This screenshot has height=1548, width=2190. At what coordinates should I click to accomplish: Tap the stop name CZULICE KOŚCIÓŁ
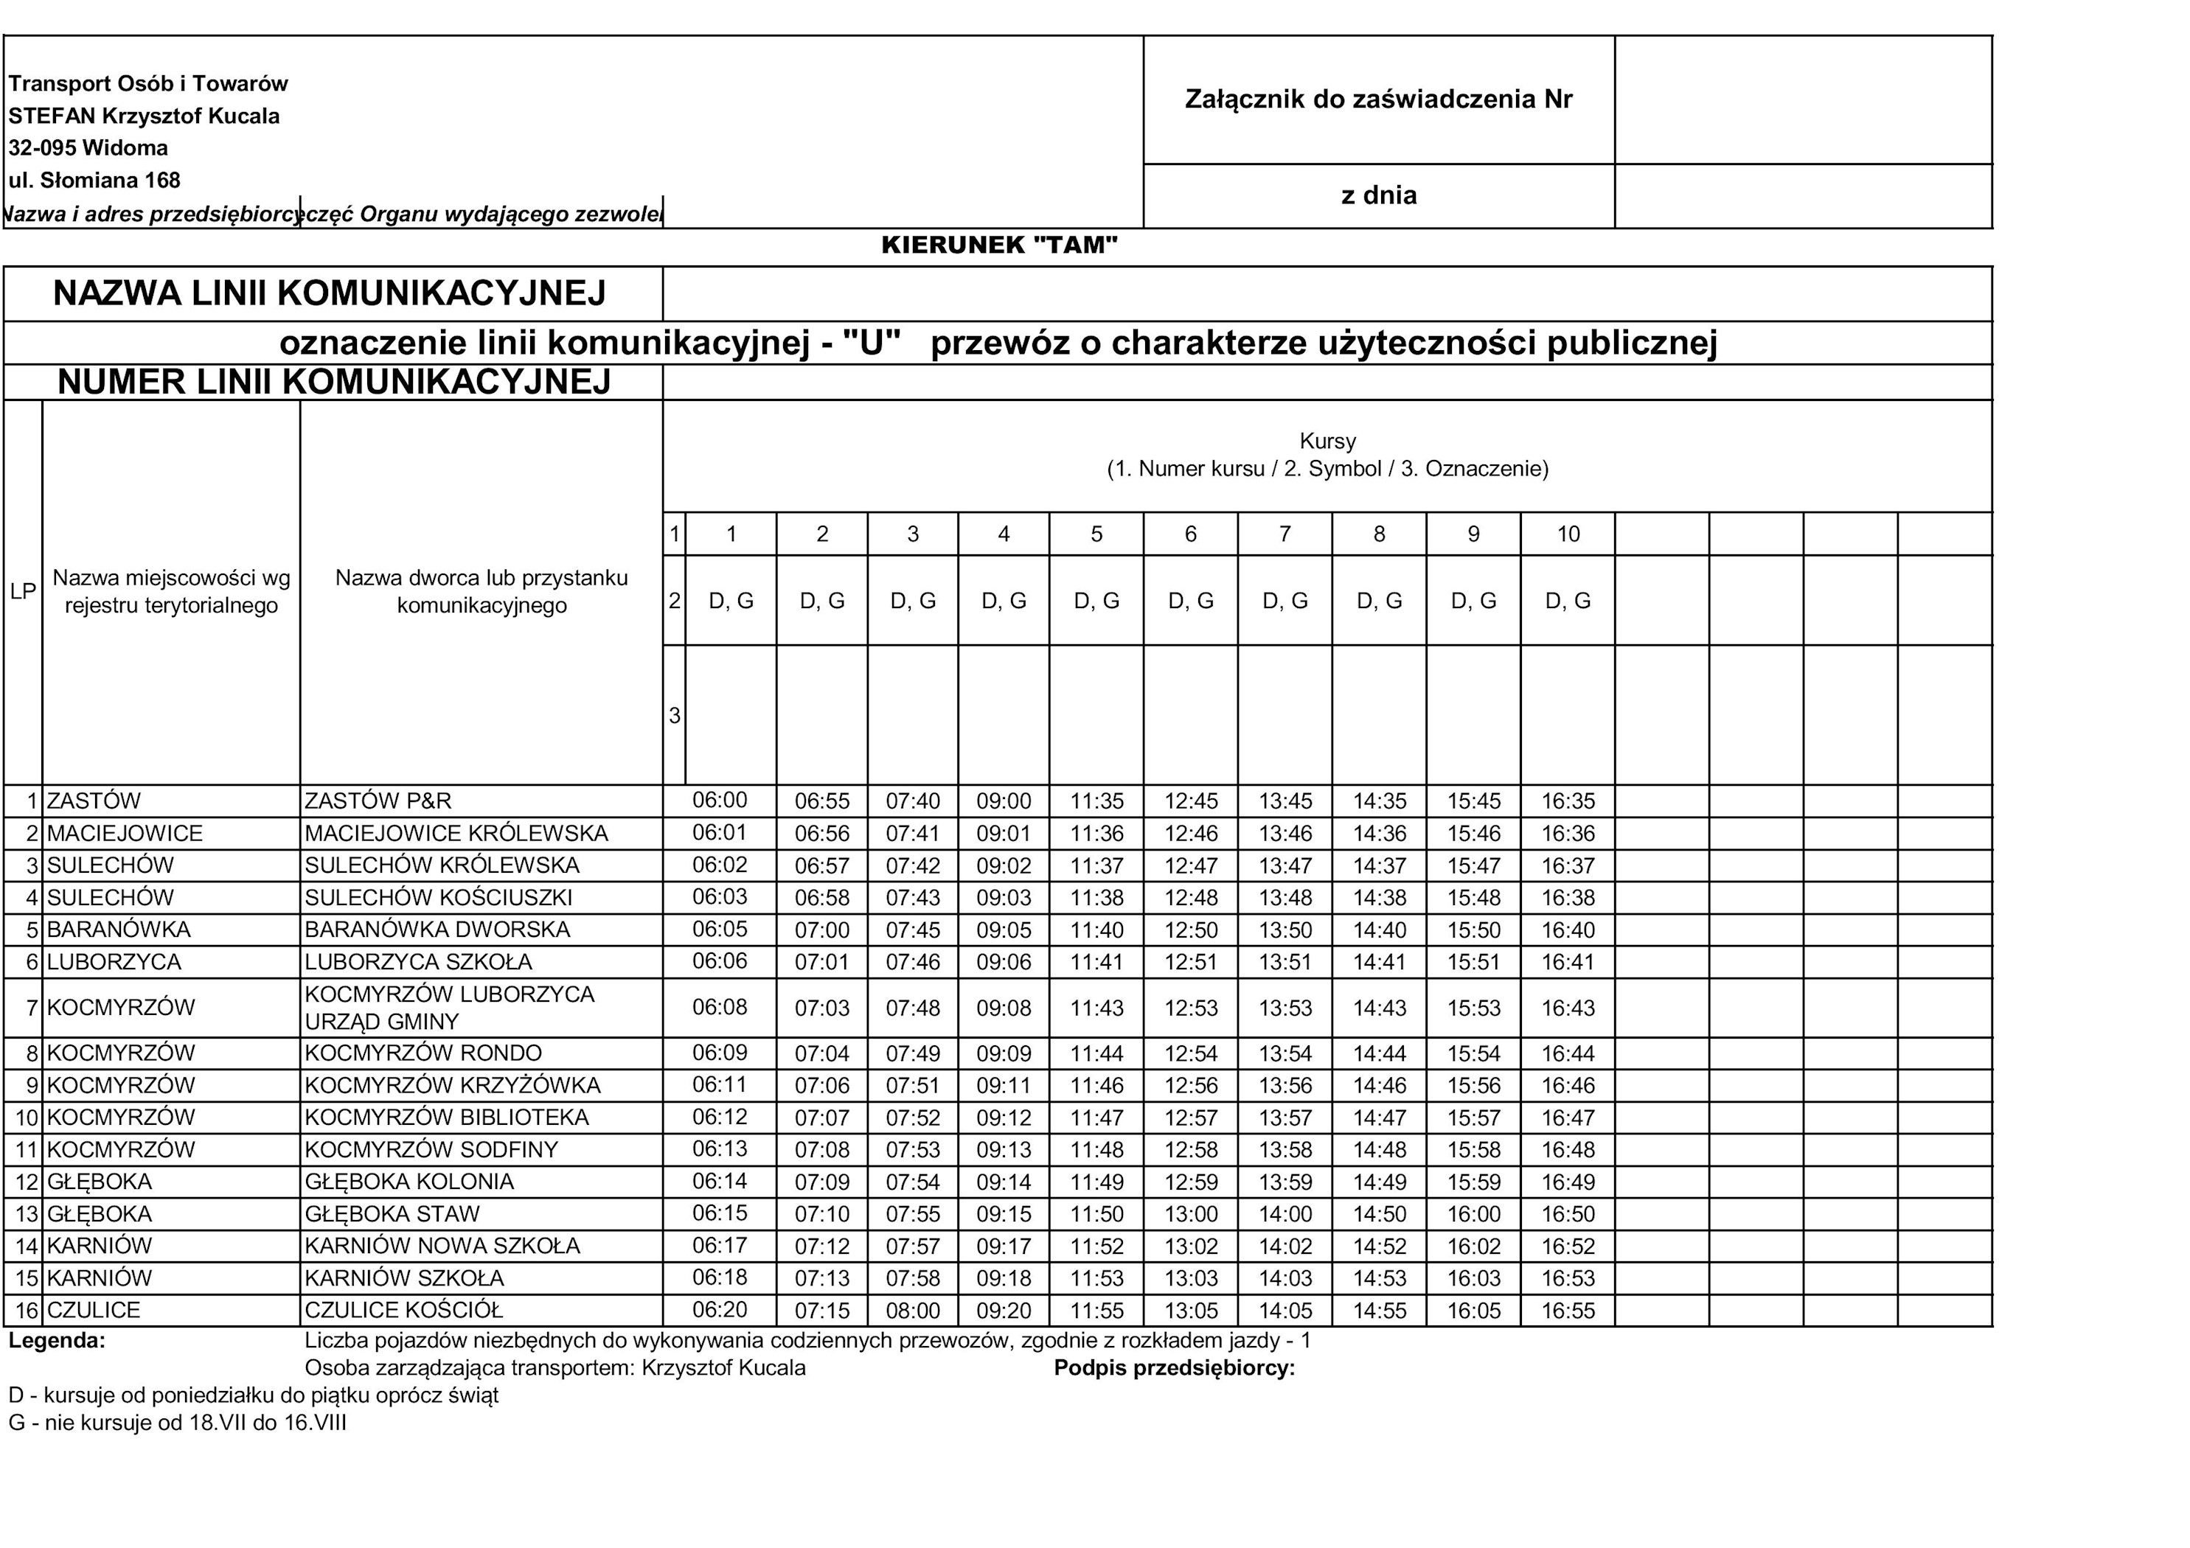[x=403, y=1310]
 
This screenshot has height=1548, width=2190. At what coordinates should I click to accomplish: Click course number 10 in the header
[x=1568, y=534]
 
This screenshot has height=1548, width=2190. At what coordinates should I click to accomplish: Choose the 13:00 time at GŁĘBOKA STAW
[x=1189, y=1214]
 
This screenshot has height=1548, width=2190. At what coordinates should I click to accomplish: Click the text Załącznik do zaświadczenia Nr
[x=1377, y=100]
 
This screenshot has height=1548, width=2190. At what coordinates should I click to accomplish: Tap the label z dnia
[x=1378, y=195]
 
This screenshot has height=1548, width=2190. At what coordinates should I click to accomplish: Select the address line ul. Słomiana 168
[x=94, y=181]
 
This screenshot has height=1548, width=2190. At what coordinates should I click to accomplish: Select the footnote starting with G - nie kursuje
[x=178, y=1423]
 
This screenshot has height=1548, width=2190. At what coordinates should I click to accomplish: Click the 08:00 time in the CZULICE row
[x=912, y=1311]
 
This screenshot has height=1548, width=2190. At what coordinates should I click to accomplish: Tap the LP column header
[x=23, y=591]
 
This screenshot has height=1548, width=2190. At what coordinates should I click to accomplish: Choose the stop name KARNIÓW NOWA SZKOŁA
[x=442, y=1246]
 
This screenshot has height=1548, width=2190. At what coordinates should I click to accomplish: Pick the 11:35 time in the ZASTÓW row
[x=1096, y=801]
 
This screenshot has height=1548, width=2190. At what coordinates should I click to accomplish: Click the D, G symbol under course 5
[x=1096, y=601]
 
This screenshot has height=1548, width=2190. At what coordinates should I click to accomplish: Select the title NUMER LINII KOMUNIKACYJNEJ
[x=334, y=382]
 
